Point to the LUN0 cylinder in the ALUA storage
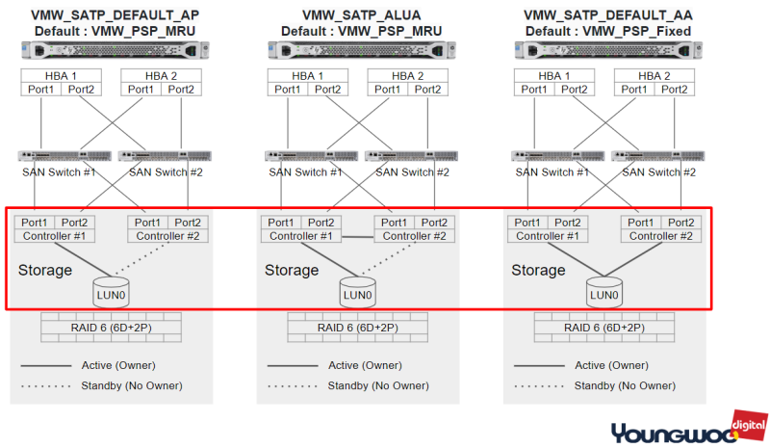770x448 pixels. (357, 292)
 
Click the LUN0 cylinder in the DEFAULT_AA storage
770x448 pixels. (603, 292)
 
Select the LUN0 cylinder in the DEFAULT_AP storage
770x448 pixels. (111, 292)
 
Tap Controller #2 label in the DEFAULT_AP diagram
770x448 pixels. (168, 236)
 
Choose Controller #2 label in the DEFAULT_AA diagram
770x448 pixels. (661, 236)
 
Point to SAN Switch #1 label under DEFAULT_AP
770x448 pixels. (58, 172)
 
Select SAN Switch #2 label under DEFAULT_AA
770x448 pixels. (659, 172)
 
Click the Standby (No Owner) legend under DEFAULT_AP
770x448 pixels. (135, 385)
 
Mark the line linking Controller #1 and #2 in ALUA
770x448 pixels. (357, 237)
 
